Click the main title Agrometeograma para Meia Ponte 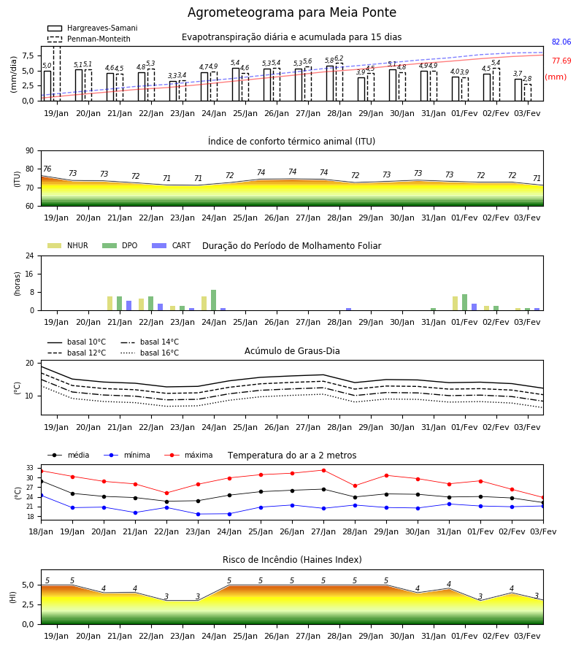[291, 12]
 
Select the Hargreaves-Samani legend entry [93, 28]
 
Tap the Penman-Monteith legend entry [89, 39]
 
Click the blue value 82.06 [561, 42]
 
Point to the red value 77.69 [561, 61]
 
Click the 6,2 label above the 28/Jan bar [339, 58]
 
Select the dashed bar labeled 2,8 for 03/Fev [528, 93]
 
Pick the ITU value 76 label [47, 169]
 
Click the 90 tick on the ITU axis [30, 151]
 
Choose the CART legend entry [172, 245]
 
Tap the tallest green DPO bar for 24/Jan [214, 300]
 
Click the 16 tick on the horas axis [30, 274]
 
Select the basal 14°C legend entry [150, 342]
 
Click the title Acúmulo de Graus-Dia [292, 351]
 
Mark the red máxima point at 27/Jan [323, 470]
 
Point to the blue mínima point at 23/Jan [198, 514]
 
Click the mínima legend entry [127, 455]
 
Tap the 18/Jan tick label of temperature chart [41, 531]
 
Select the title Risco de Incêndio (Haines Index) [292, 560]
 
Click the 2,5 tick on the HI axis [28, 604]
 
